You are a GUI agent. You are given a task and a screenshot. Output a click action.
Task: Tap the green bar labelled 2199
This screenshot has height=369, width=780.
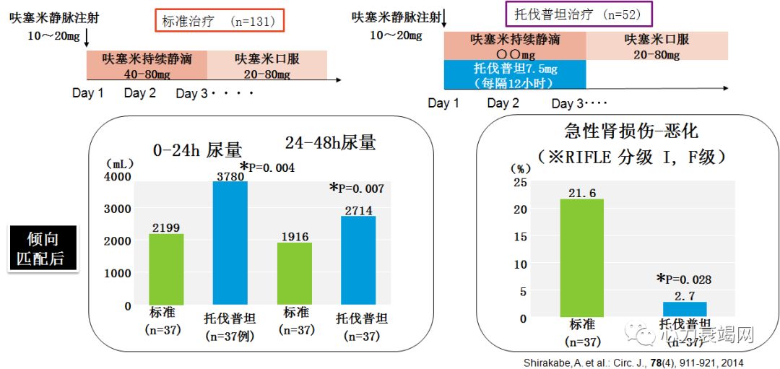click(166, 269)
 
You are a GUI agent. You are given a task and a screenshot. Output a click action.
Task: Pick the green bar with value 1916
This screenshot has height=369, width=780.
click(295, 274)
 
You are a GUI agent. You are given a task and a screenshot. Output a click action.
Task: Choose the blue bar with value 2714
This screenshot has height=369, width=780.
click(359, 261)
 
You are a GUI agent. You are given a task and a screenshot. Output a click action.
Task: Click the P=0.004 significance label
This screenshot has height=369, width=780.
click(268, 168)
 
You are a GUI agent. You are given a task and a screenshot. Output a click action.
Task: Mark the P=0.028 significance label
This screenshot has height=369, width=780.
click(685, 279)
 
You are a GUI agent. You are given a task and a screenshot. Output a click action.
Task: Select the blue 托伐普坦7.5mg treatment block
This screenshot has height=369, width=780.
click(515, 74)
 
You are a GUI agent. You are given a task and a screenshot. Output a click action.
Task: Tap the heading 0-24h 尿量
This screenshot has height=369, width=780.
click(197, 149)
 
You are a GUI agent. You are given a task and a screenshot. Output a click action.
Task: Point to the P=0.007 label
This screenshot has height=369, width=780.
click(357, 188)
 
